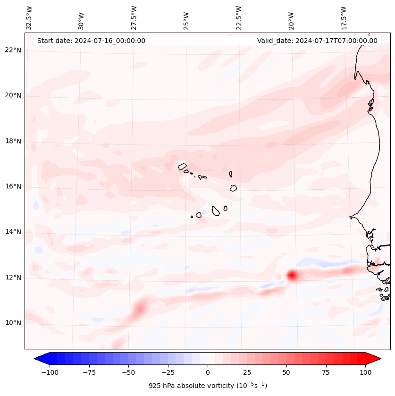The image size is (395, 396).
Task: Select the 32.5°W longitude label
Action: (x=30, y=18)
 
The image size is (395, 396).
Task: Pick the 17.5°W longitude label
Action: (x=344, y=18)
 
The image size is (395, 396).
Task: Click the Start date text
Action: (x=91, y=41)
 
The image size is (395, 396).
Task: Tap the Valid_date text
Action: (x=317, y=41)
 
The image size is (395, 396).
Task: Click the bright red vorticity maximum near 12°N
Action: (x=292, y=275)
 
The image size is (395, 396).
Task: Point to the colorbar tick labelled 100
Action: (x=366, y=372)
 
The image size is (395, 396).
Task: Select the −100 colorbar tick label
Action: (x=50, y=372)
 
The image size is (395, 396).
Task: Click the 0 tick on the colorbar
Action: (x=208, y=372)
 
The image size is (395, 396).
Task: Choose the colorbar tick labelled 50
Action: (x=286, y=372)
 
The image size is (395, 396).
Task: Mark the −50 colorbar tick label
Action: (x=128, y=372)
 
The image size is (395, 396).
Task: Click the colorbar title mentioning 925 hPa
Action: (x=208, y=386)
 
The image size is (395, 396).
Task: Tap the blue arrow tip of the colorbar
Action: (x=38, y=359)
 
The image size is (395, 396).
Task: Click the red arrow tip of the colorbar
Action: (x=378, y=359)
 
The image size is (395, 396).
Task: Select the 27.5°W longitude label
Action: (x=134, y=18)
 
